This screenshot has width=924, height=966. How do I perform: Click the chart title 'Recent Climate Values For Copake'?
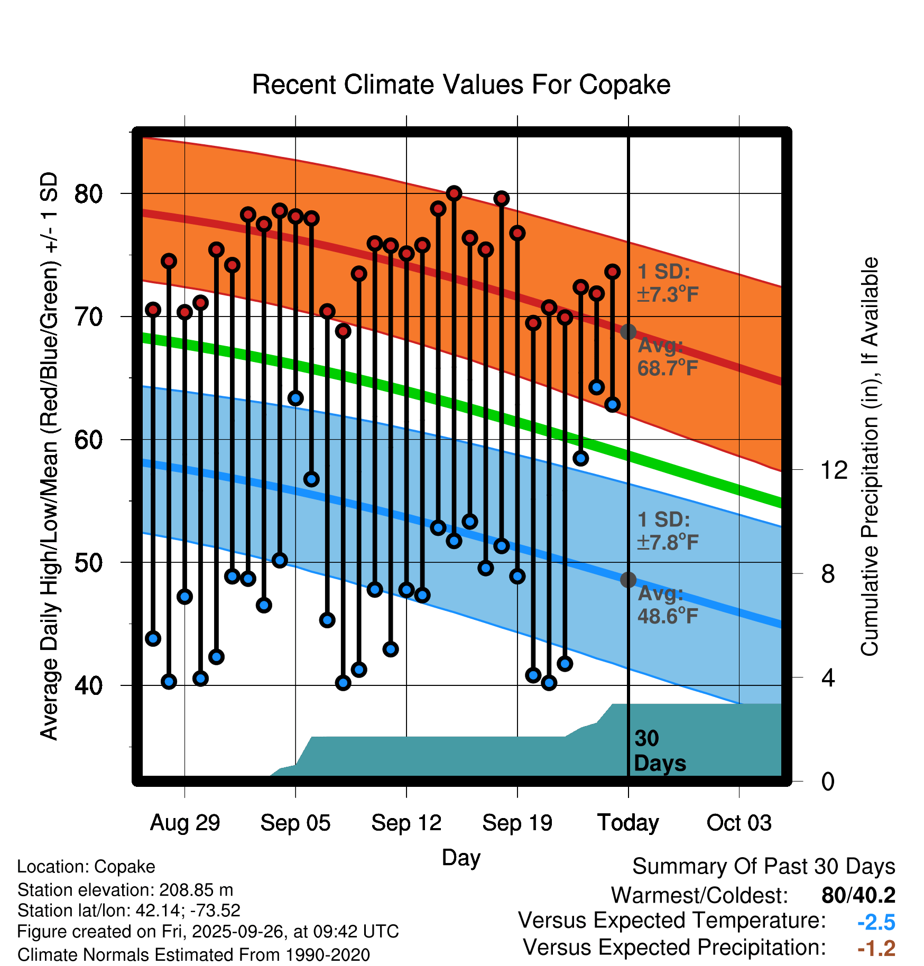click(x=461, y=85)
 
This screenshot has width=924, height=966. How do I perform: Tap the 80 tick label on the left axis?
click(x=88, y=194)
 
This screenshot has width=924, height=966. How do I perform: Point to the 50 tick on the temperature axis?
click(x=88, y=563)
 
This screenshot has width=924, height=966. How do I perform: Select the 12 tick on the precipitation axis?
click(x=834, y=470)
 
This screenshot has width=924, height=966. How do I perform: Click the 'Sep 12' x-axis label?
click(x=406, y=823)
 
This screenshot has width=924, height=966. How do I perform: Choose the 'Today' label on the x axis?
click(x=628, y=823)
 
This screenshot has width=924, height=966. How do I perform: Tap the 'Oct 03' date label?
click(x=739, y=823)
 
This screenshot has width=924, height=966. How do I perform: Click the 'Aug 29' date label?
click(x=184, y=823)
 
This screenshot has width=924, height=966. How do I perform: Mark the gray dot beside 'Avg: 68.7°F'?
click(x=628, y=332)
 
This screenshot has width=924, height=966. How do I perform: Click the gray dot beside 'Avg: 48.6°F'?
click(x=628, y=580)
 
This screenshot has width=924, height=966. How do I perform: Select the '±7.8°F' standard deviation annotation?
click(x=668, y=542)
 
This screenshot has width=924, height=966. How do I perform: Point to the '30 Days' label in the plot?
click(x=659, y=751)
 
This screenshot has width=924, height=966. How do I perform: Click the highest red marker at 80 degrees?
click(x=454, y=193)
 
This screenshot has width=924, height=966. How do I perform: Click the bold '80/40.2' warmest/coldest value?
click(x=858, y=895)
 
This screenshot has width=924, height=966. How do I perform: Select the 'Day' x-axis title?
click(x=461, y=857)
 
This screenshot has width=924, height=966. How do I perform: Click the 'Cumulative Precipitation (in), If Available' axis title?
click(x=870, y=457)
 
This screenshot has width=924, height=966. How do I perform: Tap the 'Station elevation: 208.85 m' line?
click(x=125, y=890)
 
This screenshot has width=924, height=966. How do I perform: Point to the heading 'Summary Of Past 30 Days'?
click(x=763, y=867)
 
